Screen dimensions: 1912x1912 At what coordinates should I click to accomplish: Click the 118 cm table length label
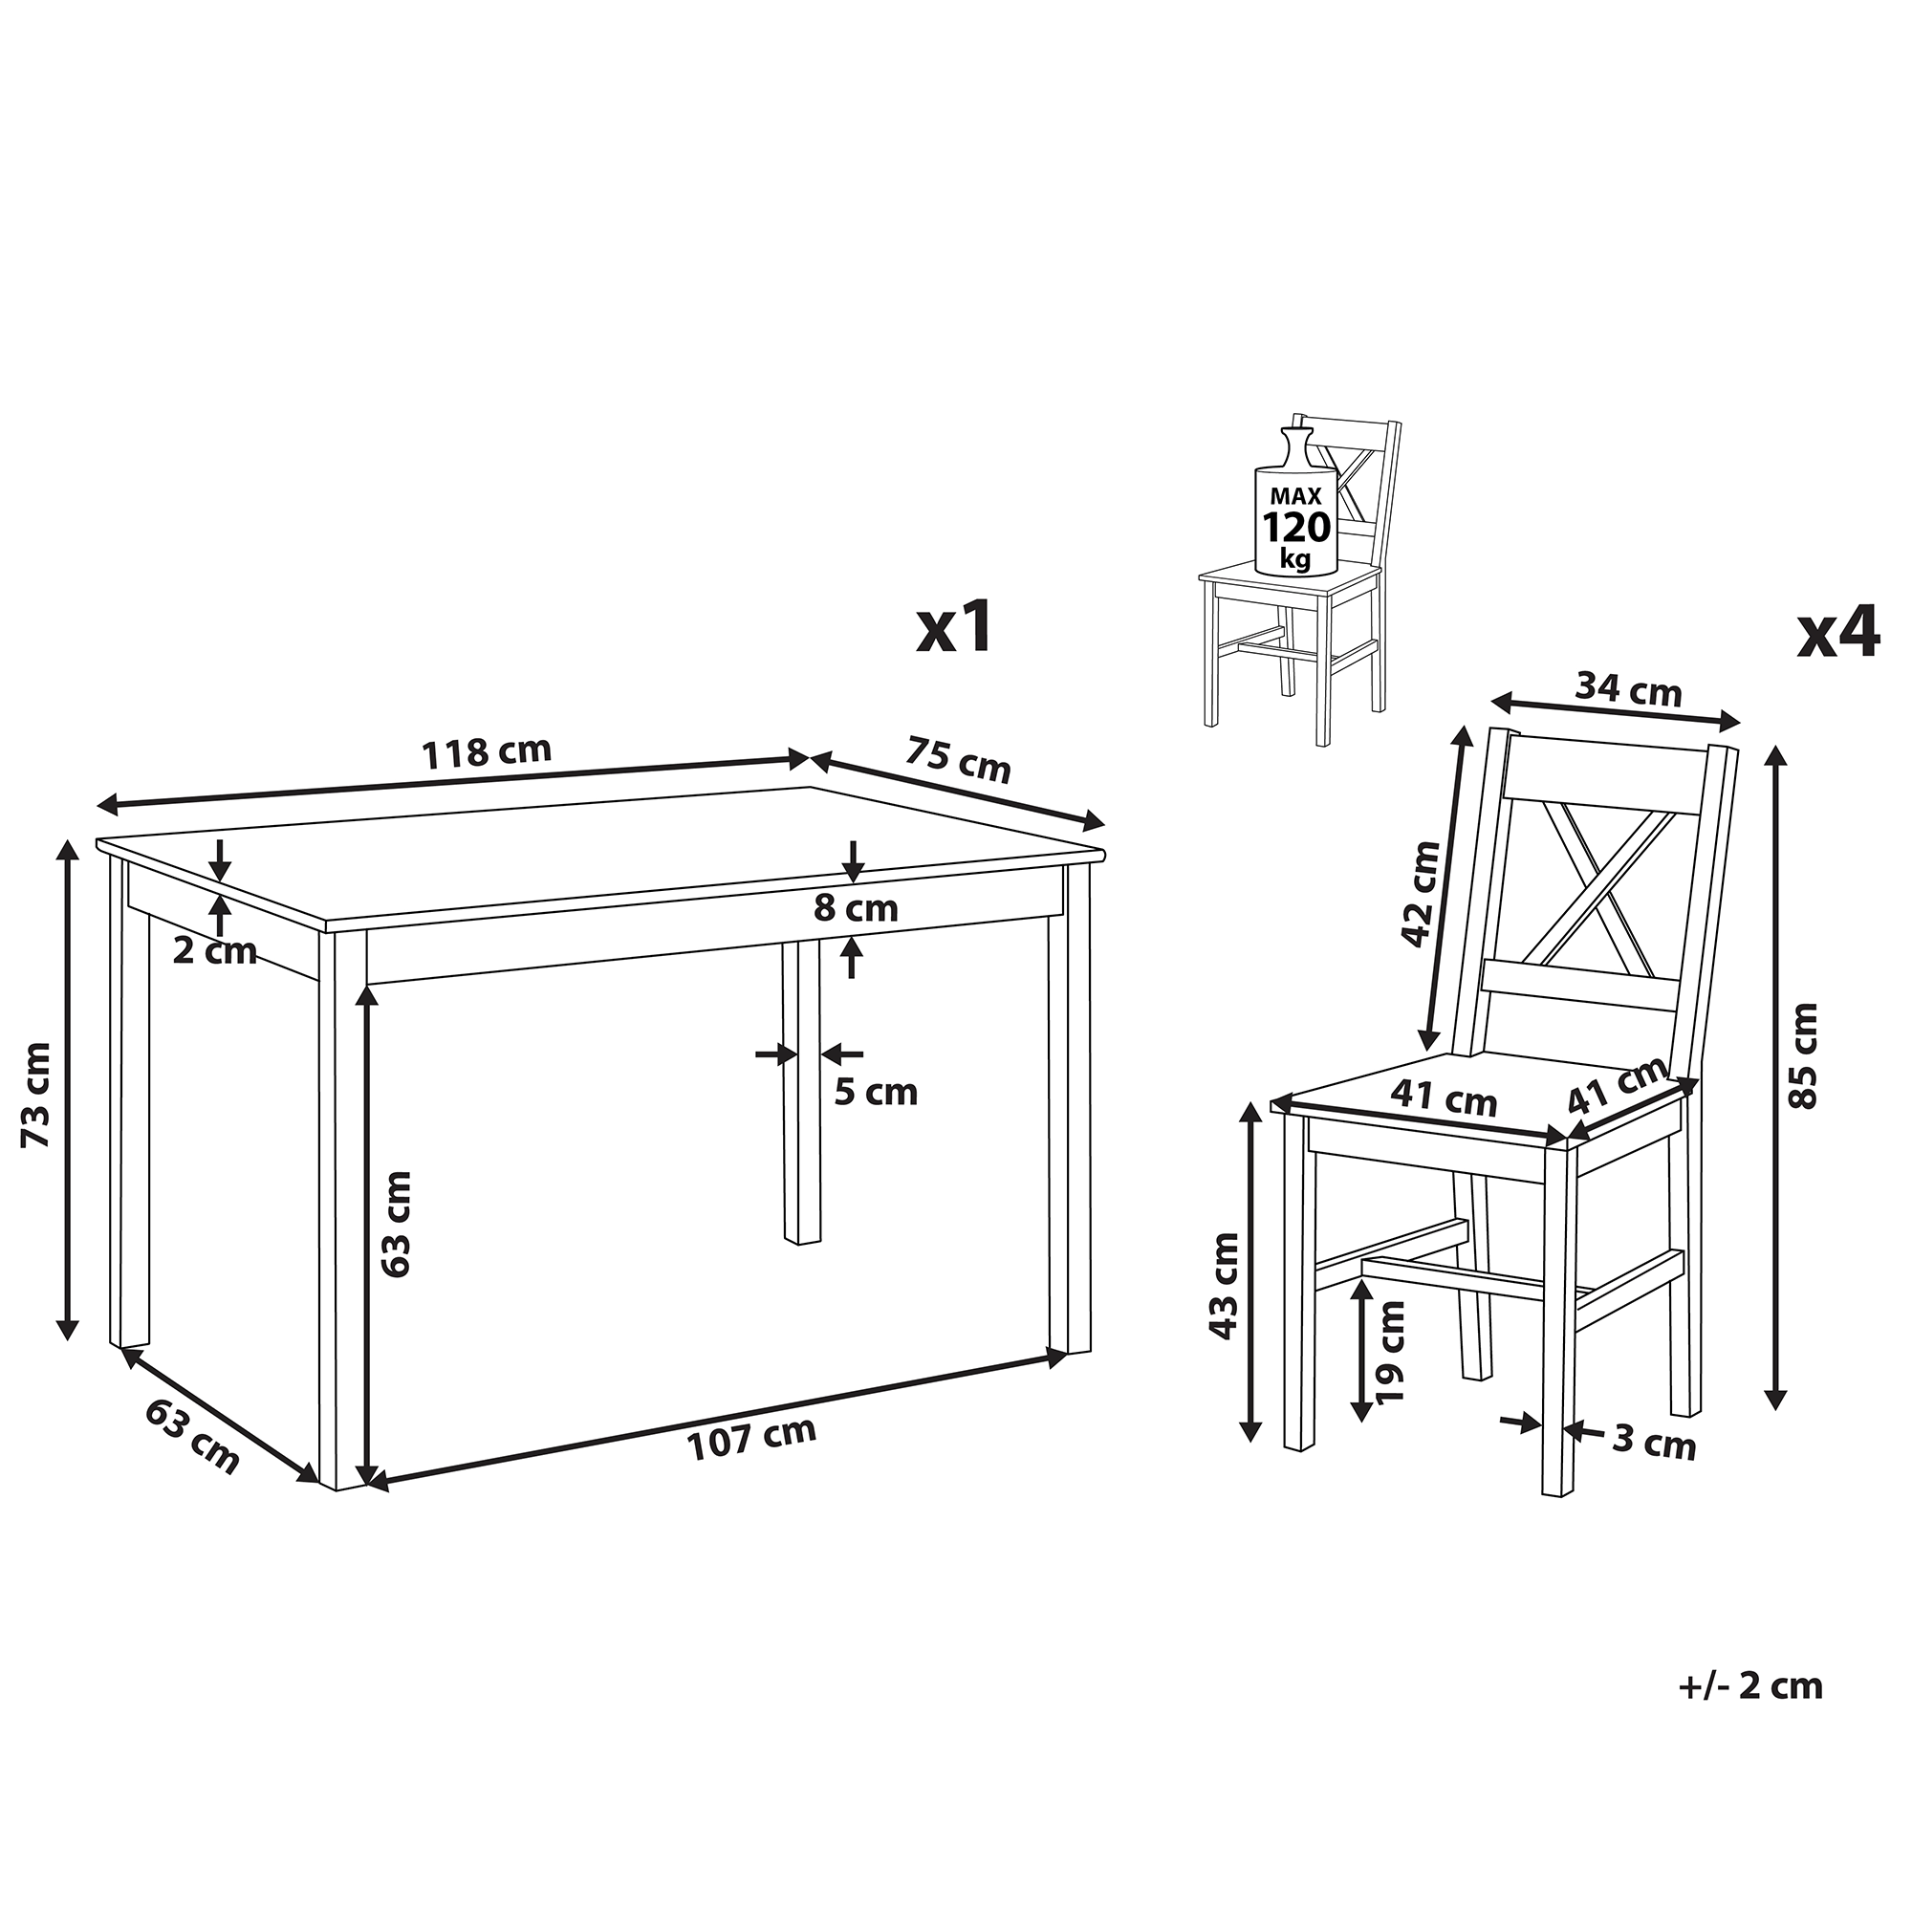pyautogui.click(x=487, y=752)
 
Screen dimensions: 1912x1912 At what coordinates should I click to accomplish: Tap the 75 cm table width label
pyautogui.click(x=957, y=759)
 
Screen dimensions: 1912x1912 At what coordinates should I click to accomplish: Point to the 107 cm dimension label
pyautogui.click(x=752, y=1439)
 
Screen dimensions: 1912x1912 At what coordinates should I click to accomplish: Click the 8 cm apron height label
pyautogui.click(x=856, y=907)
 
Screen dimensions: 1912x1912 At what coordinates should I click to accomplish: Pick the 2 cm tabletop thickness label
pyautogui.click(x=215, y=952)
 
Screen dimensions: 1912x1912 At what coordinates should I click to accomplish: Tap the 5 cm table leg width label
pyautogui.click(x=876, y=1093)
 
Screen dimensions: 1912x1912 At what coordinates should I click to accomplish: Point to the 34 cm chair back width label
pyautogui.click(x=1628, y=687)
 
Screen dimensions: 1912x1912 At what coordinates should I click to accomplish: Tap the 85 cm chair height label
pyautogui.click(x=1803, y=1056)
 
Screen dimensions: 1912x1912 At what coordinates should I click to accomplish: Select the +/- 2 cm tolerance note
pyautogui.click(x=1749, y=1685)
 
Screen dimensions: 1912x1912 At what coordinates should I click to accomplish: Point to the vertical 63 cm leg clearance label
pyautogui.click(x=395, y=1224)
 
